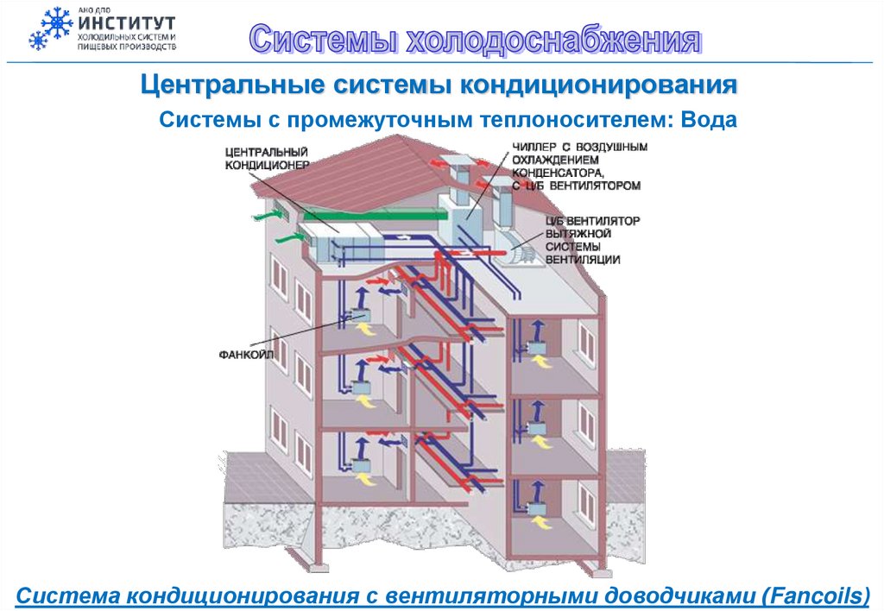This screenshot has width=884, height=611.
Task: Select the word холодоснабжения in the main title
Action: click(x=553, y=40)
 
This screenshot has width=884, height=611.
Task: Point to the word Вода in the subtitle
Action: click(x=709, y=119)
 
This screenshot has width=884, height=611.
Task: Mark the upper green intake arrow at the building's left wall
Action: click(x=262, y=211)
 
